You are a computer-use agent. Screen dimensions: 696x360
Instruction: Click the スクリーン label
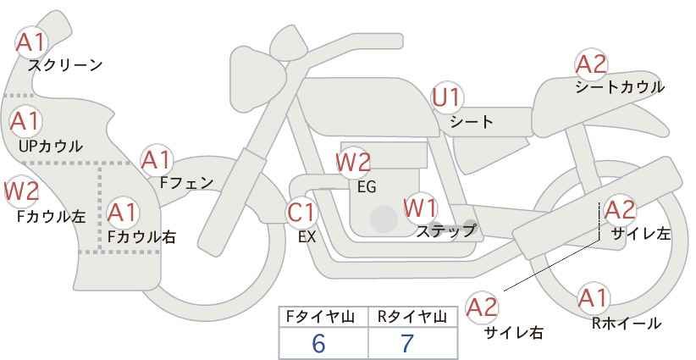click(65, 66)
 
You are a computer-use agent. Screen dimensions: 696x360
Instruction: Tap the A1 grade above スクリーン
click(30, 42)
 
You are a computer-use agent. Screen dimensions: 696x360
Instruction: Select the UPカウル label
click(51, 146)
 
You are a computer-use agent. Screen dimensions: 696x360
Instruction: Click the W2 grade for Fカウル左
click(21, 191)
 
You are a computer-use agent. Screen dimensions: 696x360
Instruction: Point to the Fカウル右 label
click(141, 236)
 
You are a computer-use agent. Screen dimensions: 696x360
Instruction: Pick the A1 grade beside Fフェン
click(156, 160)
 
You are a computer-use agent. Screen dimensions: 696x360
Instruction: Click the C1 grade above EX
click(301, 213)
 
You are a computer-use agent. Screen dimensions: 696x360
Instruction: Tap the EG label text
click(367, 187)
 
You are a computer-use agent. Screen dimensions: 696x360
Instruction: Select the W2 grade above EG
click(353, 163)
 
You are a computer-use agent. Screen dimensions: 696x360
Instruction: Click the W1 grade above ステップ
click(420, 208)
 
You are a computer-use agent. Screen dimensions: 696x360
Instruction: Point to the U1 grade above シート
click(447, 97)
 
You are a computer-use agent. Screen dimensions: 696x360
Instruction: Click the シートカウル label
click(620, 87)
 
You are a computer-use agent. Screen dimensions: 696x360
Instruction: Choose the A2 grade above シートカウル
click(591, 64)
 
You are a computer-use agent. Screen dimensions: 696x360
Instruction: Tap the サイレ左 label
click(640, 234)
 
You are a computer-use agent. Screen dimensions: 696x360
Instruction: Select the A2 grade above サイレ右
click(483, 307)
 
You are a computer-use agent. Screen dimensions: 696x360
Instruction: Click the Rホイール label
click(627, 324)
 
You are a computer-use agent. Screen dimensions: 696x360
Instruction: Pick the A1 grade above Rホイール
click(593, 298)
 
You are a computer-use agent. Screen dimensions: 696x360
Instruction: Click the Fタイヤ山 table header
click(320, 317)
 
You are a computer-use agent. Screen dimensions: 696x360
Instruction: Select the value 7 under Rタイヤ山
click(407, 343)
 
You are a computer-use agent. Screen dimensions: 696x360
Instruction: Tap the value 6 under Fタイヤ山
click(318, 343)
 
